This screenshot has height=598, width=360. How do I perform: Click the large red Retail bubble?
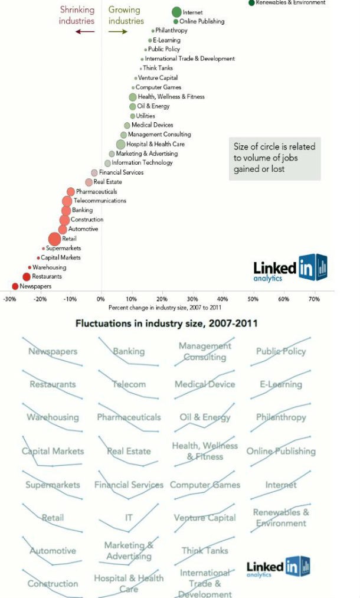(54, 238)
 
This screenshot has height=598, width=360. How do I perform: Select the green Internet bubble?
(176, 12)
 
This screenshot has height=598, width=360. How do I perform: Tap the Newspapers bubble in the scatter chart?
(15, 286)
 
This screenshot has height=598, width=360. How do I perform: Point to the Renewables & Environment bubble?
(252, 2)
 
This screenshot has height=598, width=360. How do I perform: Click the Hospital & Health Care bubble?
(121, 144)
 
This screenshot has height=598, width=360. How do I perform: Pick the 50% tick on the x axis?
(253, 299)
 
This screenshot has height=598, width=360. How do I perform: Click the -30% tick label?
(10, 299)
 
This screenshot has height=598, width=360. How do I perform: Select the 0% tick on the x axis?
(101, 299)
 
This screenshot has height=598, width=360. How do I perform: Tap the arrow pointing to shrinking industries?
(85, 31)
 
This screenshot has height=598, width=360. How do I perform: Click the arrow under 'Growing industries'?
(118, 31)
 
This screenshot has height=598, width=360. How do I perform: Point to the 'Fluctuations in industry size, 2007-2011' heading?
(166, 323)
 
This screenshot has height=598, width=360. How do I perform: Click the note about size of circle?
(274, 158)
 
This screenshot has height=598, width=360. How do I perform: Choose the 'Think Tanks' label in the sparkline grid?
(205, 550)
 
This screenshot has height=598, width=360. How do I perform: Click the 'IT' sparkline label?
(129, 518)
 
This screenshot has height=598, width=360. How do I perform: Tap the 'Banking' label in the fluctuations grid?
(129, 351)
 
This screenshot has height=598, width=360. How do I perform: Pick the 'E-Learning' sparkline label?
(281, 384)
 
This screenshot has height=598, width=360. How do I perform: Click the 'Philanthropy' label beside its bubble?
(171, 30)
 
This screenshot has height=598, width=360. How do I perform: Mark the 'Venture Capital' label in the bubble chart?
(158, 78)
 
